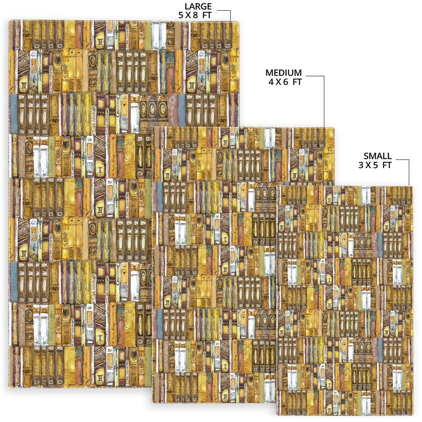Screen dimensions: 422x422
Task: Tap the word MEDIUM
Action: click(x=284, y=73)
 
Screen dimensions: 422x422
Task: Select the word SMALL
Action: click(x=377, y=156)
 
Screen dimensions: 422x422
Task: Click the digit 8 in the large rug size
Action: click(x=195, y=15)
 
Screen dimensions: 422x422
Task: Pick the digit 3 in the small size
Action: click(x=361, y=165)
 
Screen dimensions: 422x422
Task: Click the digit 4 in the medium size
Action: click(x=271, y=82)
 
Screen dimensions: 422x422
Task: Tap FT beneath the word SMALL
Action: click(x=387, y=165)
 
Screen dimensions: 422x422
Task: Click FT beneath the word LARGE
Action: click(x=207, y=15)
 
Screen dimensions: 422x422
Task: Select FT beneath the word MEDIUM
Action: click(x=297, y=82)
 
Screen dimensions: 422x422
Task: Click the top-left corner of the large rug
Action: click(x=9, y=21)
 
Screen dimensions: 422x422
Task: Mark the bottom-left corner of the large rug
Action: click(x=9, y=387)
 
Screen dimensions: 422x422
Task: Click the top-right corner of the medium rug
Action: click(x=334, y=128)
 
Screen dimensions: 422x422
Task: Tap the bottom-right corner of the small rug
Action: click(x=412, y=415)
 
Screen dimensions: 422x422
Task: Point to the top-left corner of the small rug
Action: click(x=277, y=186)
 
